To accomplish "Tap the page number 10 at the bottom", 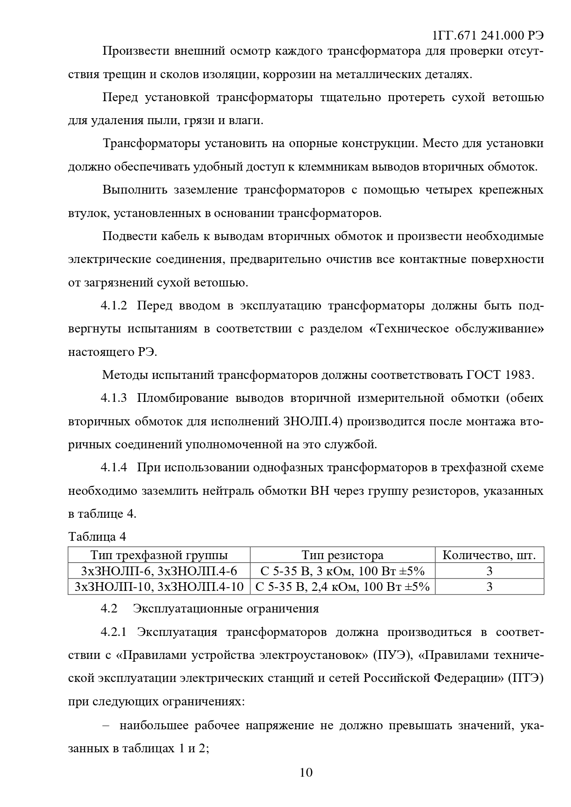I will pyautogui.click(x=306, y=772).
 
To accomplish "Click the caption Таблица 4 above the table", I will pyautogui.click(x=97, y=537).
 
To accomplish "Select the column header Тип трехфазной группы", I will pyautogui.click(x=159, y=555).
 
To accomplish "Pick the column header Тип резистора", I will pyautogui.click(x=342, y=555).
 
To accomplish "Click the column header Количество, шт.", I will pyautogui.click(x=489, y=555).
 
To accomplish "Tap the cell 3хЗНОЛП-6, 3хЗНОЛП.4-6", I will pyautogui.click(x=159, y=571).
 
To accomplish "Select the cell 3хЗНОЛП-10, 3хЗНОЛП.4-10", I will pyautogui.click(x=159, y=587).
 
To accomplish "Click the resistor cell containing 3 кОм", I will pyautogui.click(x=342, y=571).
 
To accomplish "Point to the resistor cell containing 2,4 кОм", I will pyautogui.click(x=342, y=587).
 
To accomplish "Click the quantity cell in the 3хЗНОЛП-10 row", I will pyautogui.click(x=489, y=587).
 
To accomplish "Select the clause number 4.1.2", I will pyautogui.click(x=114, y=306).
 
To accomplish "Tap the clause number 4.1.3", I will pyautogui.click(x=114, y=398).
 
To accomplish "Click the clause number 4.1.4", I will pyautogui.click(x=114, y=468).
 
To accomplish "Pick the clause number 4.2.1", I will pyautogui.click(x=114, y=632).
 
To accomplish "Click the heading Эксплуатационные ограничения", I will pyautogui.click(x=226, y=608).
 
